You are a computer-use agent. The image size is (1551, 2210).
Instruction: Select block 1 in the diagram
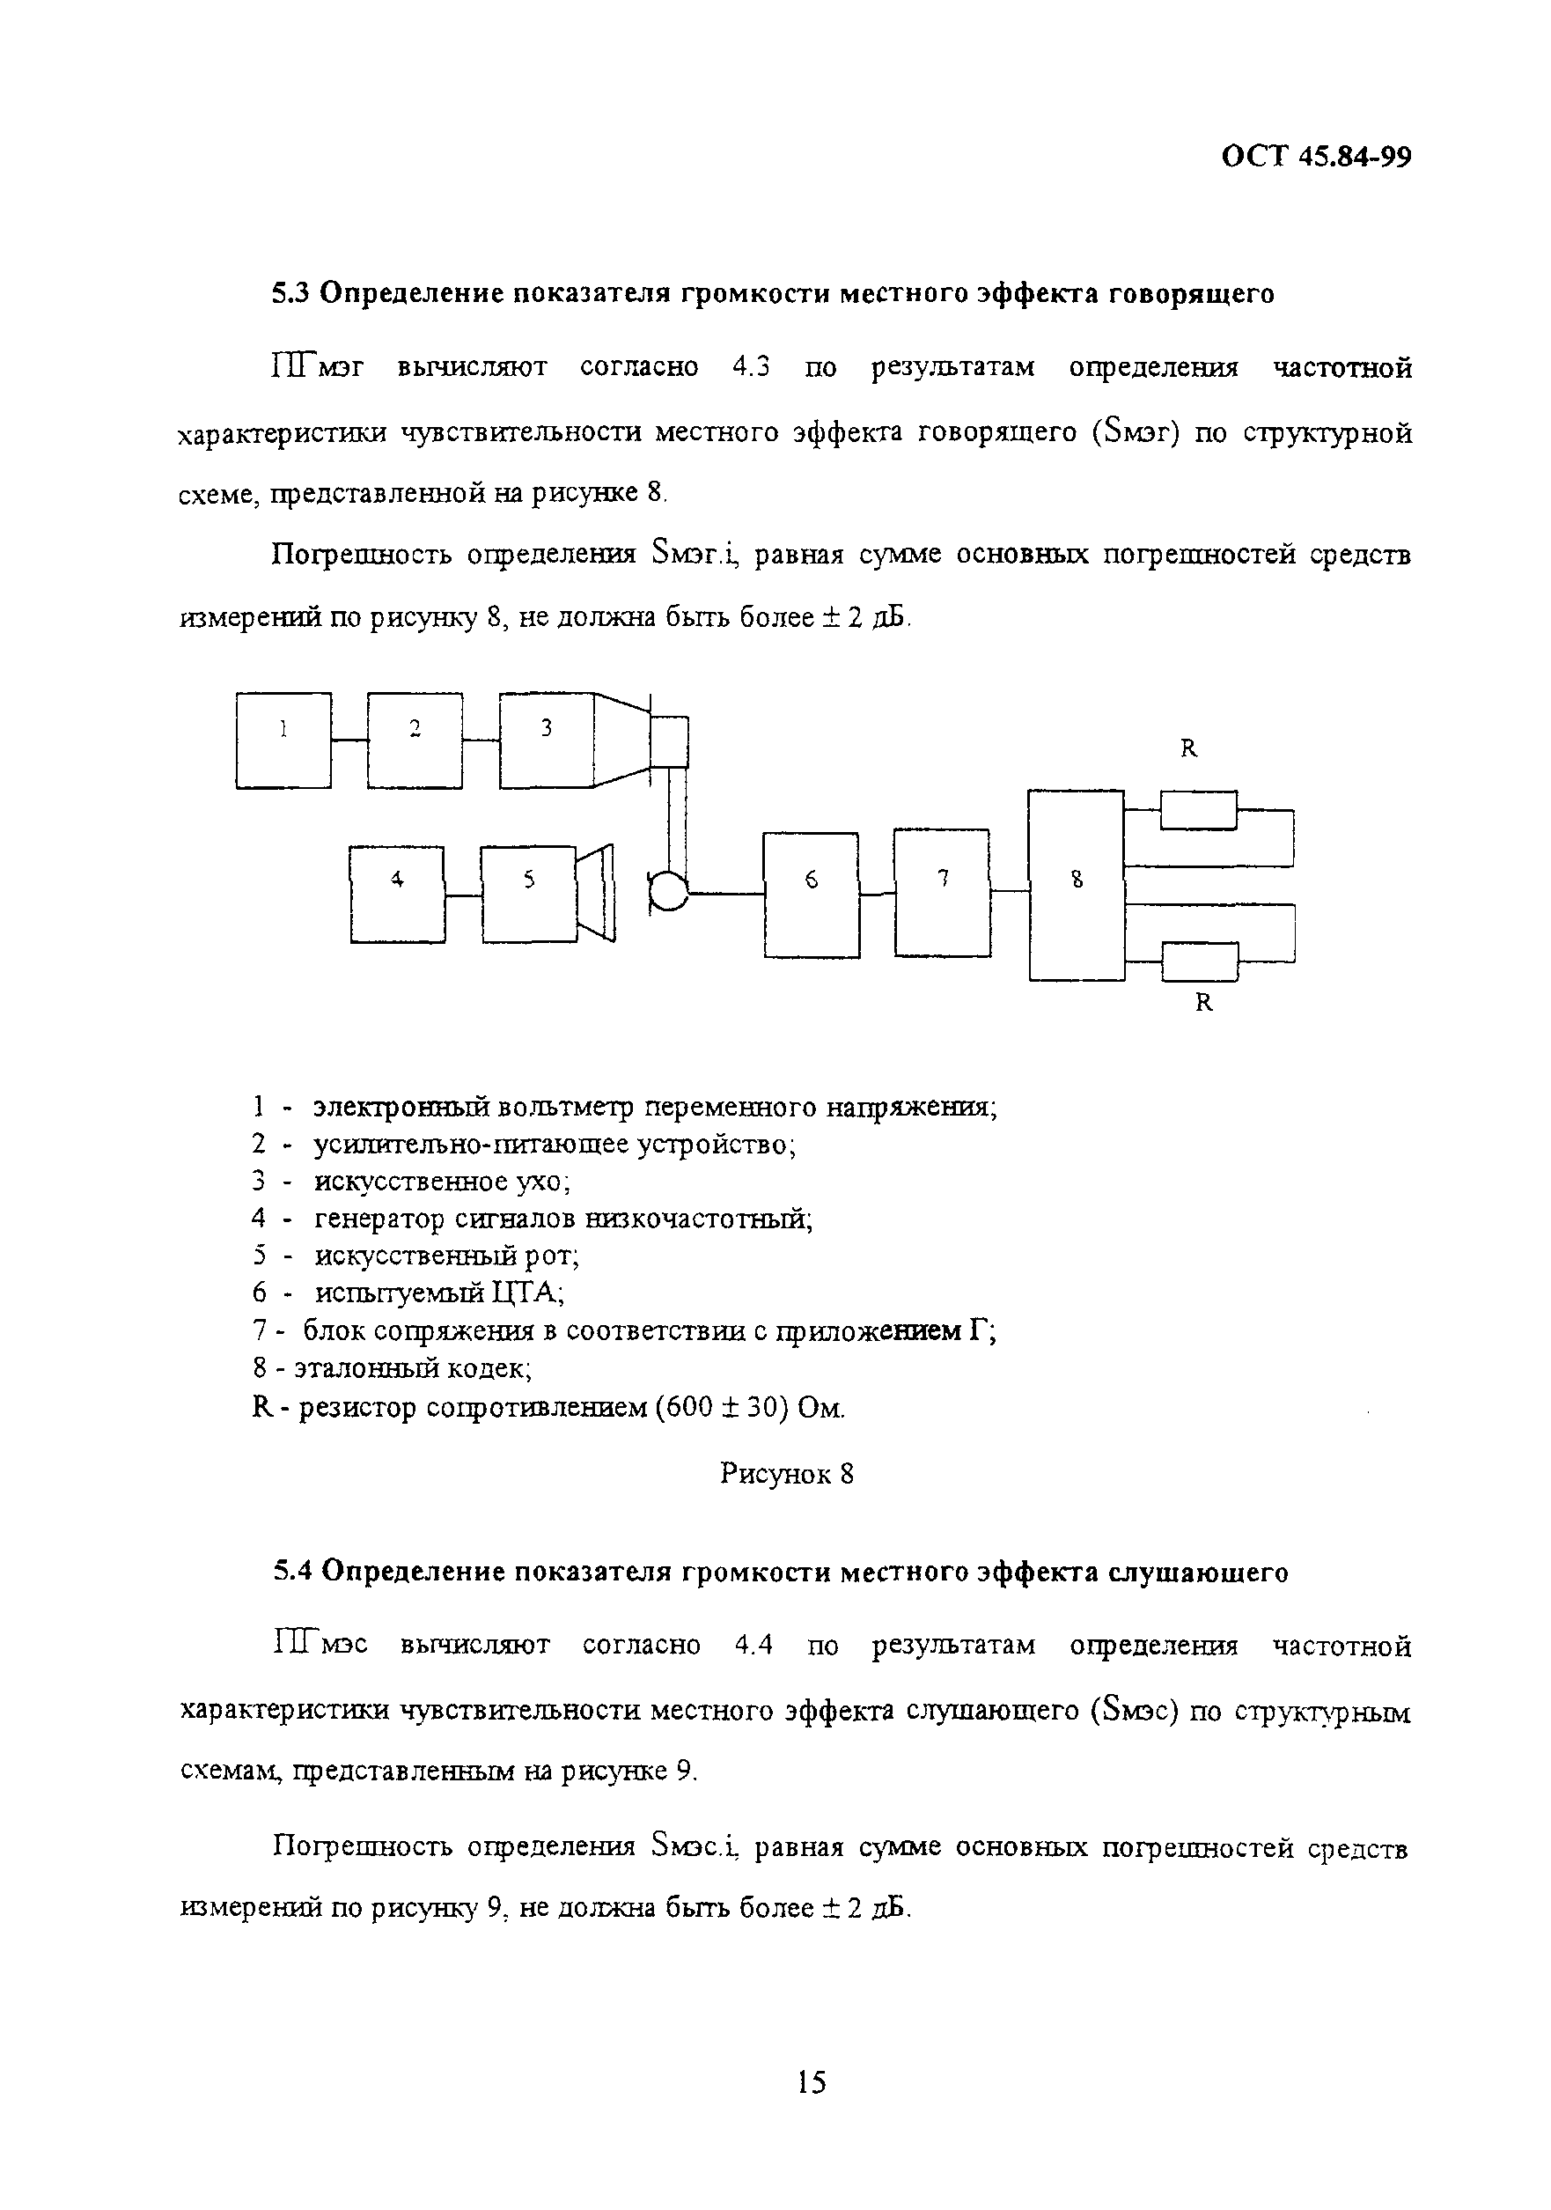[x=283, y=740]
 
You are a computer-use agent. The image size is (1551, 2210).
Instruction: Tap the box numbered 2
[x=414, y=740]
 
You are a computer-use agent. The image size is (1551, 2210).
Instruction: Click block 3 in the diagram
[x=546, y=740]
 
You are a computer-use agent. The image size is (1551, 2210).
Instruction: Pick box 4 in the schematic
[x=396, y=895]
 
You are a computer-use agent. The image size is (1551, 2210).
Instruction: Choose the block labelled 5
[x=528, y=895]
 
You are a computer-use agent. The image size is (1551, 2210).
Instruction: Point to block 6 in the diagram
[x=810, y=895]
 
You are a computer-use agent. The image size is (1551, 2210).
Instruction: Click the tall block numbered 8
[x=1076, y=885]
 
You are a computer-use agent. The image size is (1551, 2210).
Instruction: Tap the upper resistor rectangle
[x=1199, y=809]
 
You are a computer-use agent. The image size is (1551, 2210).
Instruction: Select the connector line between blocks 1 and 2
[x=349, y=740]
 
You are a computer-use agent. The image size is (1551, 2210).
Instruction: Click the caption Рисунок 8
[x=786, y=1474]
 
